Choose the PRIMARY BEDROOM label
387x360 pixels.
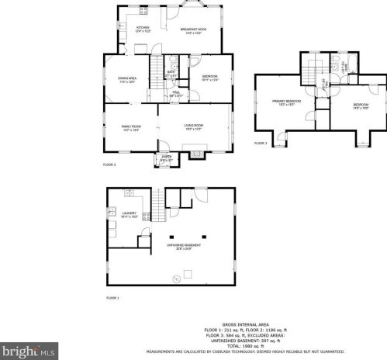(286, 103)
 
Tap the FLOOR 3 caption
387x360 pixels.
(261, 144)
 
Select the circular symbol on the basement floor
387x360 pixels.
(176, 278)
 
